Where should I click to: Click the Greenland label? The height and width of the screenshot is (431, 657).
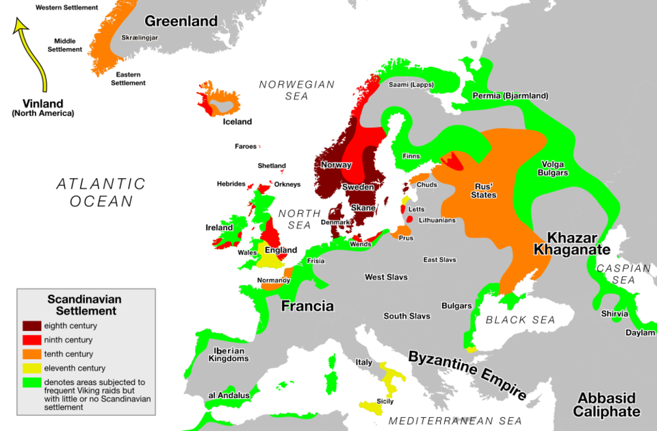(181, 21)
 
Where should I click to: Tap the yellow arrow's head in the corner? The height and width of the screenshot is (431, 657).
(21, 26)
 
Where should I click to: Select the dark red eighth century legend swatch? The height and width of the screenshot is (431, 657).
(32, 325)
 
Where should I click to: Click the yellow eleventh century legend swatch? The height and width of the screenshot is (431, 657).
(32, 368)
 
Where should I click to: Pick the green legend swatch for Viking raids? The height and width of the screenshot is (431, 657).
(32, 382)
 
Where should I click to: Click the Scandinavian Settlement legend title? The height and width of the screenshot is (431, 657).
(84, 305)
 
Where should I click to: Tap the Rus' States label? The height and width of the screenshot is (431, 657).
(484, 190)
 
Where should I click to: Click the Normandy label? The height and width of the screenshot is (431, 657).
(274, 280)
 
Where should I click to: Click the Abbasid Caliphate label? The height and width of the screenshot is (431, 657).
(606, 404)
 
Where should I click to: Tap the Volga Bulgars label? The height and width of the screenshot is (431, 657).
(554, 169)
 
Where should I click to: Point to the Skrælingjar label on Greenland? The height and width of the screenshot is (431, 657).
(140, 38)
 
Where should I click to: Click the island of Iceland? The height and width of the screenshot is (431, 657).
(219, 101)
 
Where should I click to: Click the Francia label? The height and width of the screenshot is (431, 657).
(307, 306)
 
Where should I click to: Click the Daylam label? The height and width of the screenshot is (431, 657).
(639, 333)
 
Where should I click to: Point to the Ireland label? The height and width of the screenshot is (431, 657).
(218, 227)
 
